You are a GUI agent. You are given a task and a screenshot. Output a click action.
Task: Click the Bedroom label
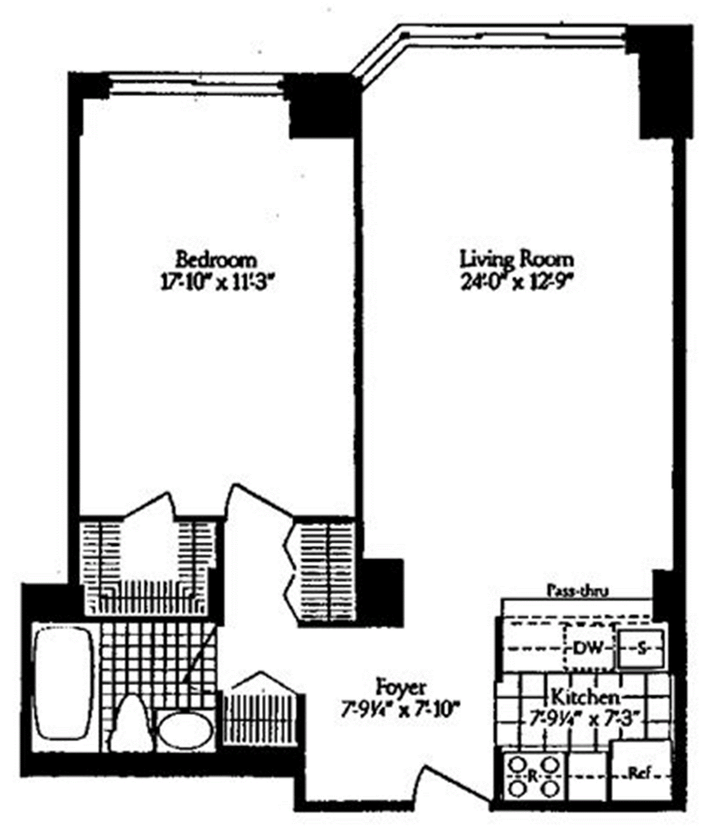click(217, 260)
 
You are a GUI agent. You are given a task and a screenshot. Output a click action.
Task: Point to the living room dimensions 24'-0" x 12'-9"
click(518, 283)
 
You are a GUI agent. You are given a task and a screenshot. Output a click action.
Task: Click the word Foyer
click(401, 687)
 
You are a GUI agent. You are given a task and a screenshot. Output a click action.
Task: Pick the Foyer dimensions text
click(401, 710)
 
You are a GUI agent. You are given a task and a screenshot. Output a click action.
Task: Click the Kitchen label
click(585, 697)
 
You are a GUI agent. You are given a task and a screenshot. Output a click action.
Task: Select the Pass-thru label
click(577, 591)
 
